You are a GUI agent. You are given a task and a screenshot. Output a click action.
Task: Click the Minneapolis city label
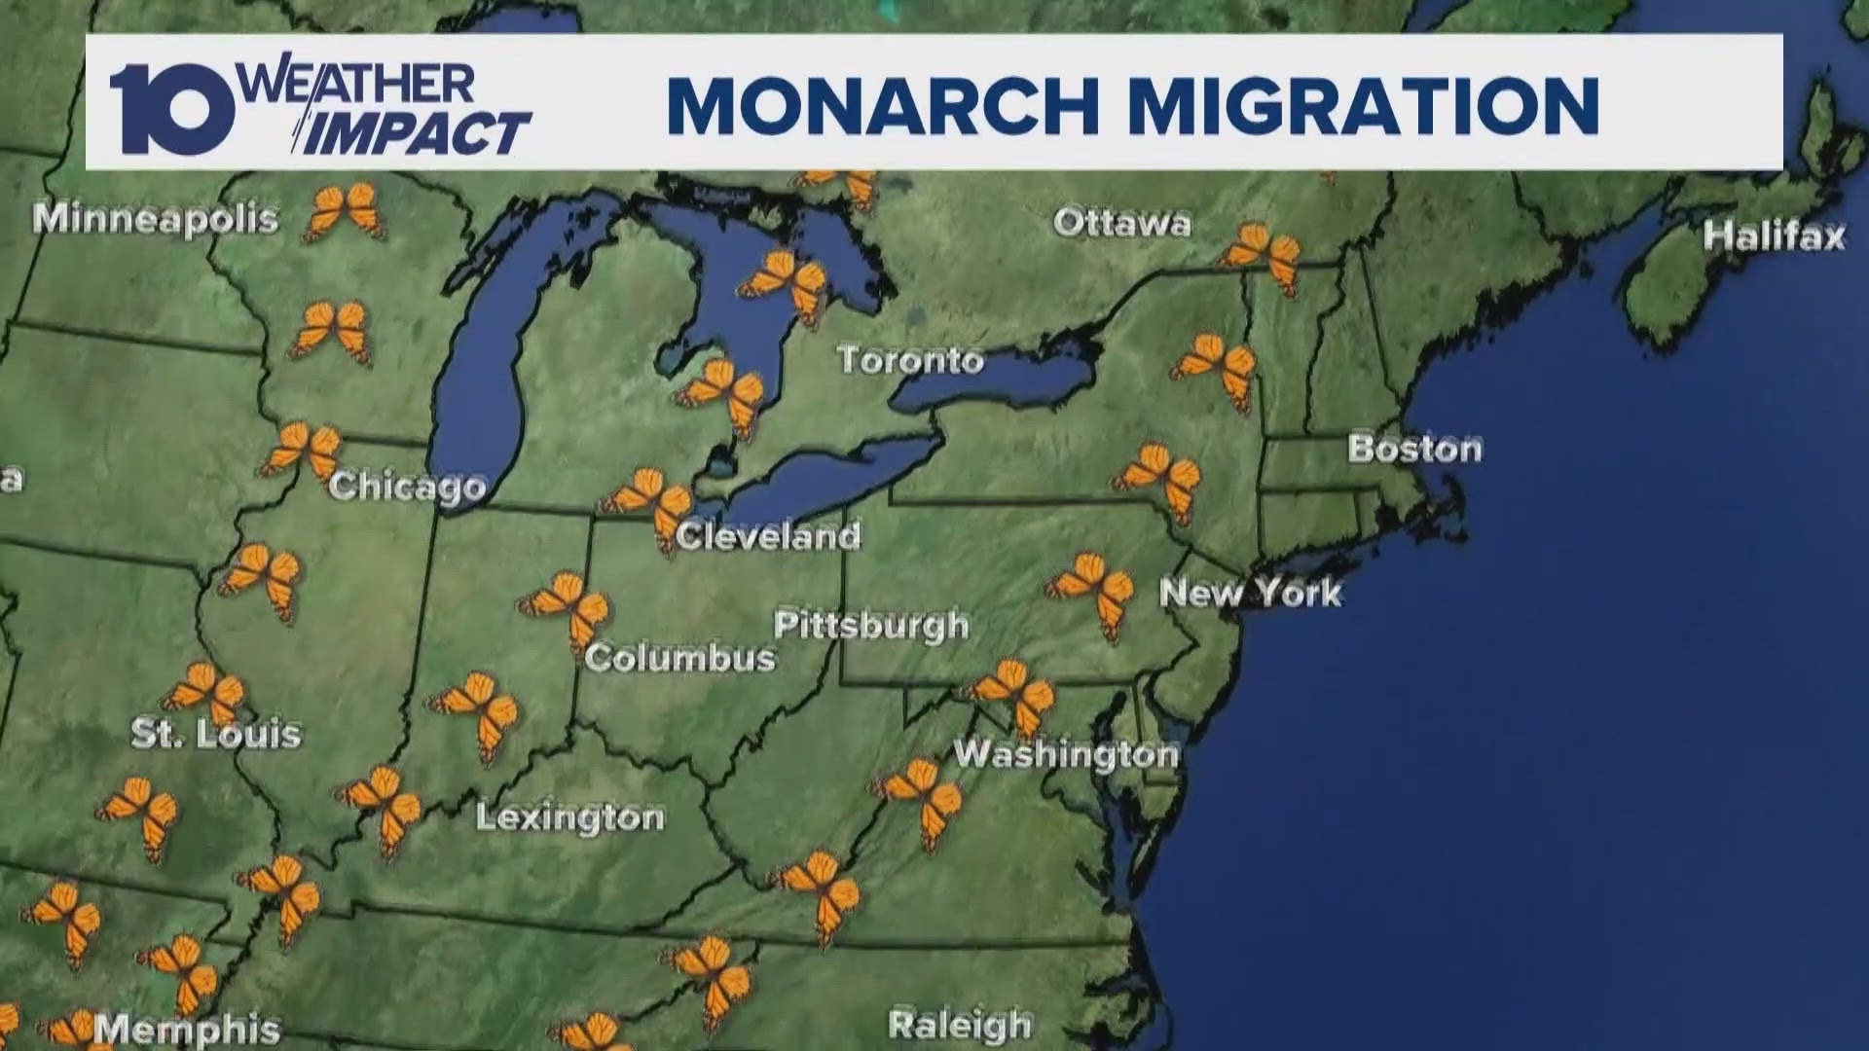(156, 219)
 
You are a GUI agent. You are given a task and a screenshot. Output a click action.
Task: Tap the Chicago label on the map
(407, 486)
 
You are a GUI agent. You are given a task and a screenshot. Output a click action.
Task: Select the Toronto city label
(911, 361)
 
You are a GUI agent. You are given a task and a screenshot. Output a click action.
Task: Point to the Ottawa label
(1122, 224)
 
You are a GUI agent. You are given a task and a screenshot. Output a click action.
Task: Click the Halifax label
(1774, 236)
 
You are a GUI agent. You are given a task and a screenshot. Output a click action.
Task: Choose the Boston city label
(1414, 449)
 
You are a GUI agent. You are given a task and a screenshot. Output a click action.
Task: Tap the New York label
(1251, 593)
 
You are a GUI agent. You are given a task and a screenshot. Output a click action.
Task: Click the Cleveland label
(769, 536)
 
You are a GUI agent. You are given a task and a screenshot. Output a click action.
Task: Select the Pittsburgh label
(871, 625)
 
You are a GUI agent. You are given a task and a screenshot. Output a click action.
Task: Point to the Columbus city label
(679, 659)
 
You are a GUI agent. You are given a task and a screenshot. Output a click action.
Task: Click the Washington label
(1066, 753)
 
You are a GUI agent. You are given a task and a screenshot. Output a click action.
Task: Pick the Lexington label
(570, 817)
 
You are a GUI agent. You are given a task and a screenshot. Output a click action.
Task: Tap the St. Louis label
(216, 734)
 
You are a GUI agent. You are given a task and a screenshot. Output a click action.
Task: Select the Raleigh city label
(960, 1025)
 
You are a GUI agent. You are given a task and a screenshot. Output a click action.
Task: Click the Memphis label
(187, 1030)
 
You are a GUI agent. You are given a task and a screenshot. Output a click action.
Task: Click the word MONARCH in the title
(883, 104)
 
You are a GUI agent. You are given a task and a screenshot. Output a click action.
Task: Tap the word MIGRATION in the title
(1363, 104)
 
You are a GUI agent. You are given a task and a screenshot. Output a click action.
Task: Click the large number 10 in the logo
(172, 109)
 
